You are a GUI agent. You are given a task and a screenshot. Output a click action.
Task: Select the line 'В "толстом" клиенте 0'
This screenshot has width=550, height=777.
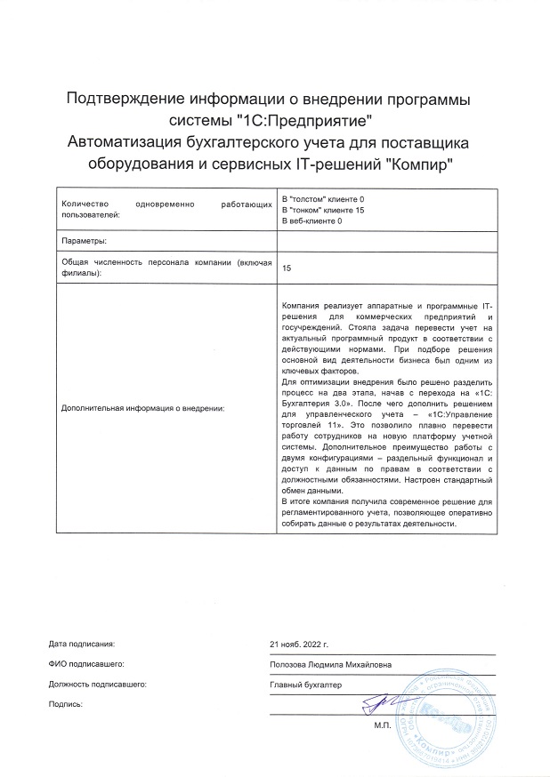[323, 199]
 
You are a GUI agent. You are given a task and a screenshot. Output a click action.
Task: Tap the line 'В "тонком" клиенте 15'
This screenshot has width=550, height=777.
[323, 210]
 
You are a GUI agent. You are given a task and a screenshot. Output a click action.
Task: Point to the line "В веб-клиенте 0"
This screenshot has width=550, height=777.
[312, 220]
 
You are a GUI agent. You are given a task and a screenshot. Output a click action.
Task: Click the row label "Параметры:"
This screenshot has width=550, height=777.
[85, 241]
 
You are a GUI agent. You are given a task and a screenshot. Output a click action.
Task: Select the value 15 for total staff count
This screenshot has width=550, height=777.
[287, 268]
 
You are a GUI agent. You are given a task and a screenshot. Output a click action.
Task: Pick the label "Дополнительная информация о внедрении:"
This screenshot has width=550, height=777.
[142, 408]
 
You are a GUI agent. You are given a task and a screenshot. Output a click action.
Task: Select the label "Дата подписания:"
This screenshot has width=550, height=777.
[82, 643]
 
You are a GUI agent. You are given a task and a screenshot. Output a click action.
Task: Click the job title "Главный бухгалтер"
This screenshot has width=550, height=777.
[306, 685]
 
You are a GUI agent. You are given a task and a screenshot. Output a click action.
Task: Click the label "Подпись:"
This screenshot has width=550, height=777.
[67, 705]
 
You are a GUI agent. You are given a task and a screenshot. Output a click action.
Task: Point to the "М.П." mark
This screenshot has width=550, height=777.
[384, 726]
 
